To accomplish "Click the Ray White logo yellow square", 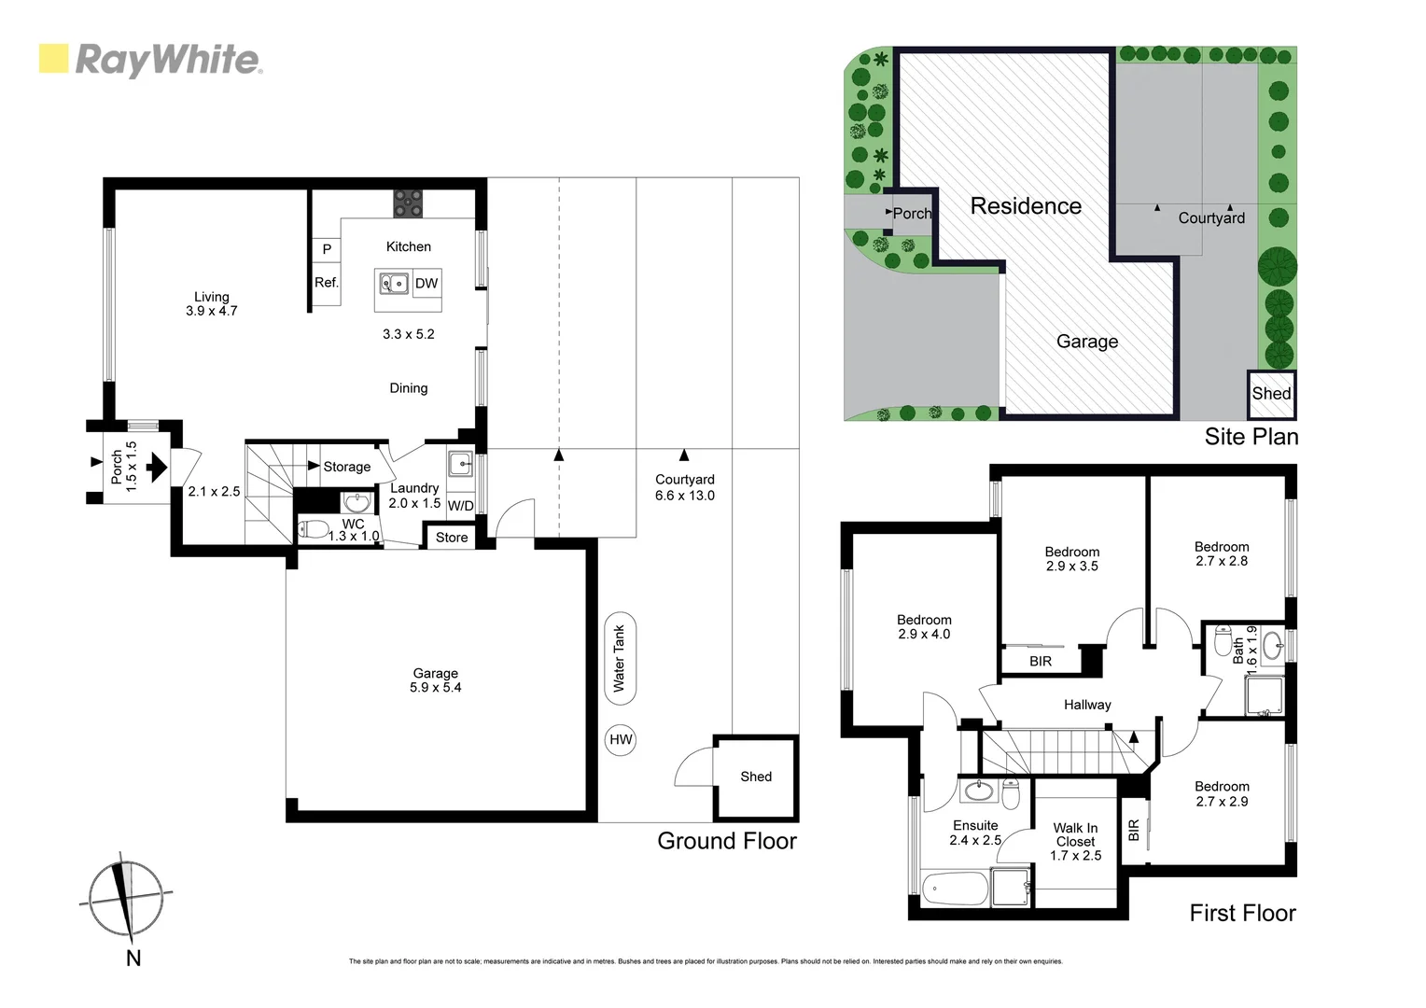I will [x=53, y=59].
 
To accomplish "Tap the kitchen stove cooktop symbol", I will [x=408, y=203].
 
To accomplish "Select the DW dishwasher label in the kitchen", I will [x=426, y=284].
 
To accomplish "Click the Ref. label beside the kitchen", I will [x=326, y=283].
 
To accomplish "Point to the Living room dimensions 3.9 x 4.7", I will [x=212, y=311].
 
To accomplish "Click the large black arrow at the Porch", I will [x=157, y=466].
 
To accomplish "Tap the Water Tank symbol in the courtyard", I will [x=619, y=659].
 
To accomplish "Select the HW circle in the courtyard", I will [x=621, y=740].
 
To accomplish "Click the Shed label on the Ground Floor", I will [x=756, y=777].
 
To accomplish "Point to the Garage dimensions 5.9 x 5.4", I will [x=436, y=688].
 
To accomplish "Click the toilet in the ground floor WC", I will [x=314, y=530].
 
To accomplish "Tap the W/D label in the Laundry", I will [x=461, y=506].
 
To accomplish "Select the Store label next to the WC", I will [x=452, y=538].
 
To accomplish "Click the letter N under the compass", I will [x=133, y=959].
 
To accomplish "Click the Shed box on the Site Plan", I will [x=1271, y=394].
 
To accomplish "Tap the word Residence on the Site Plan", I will [x=1026, y=206].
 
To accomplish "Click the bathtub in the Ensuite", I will [x=954, y=889].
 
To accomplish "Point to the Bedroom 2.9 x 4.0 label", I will [x=924, y=627].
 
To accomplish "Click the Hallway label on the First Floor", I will [x=1087, y=705].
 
